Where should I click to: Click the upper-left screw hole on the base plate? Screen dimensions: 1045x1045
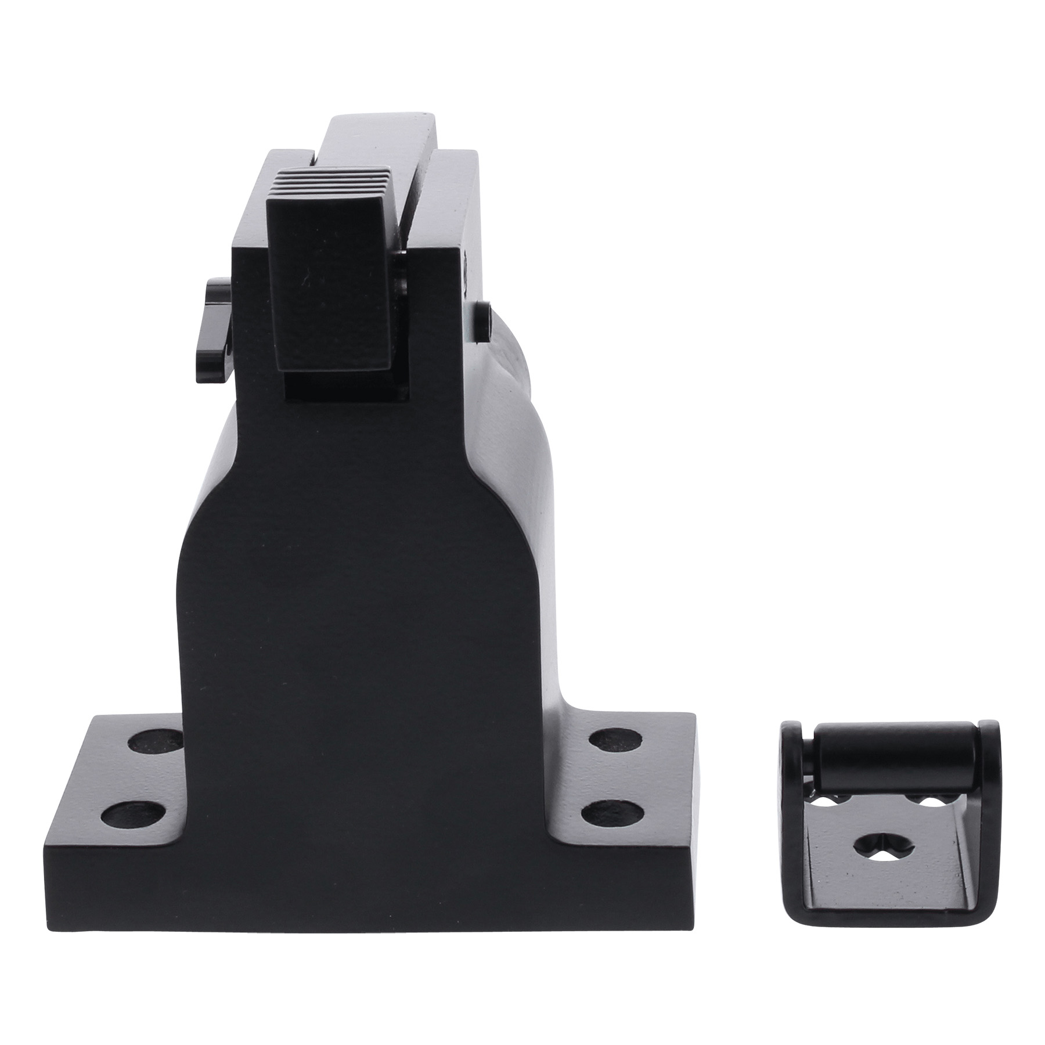click(156, 741)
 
